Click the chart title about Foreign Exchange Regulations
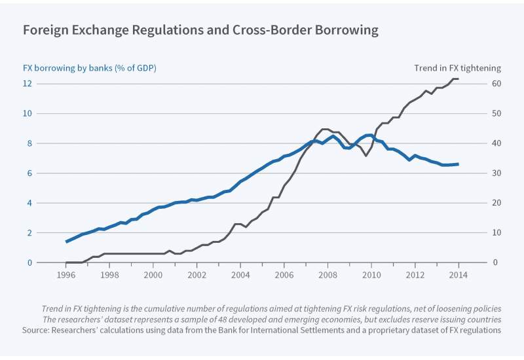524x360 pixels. pos(200,30)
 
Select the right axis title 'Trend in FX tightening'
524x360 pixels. pos(457,67)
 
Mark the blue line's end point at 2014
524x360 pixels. pos(458,164)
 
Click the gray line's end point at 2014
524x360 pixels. pos(458,79)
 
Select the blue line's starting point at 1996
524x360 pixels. pos(66,242)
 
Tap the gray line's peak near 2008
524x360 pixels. pos(324,129)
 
